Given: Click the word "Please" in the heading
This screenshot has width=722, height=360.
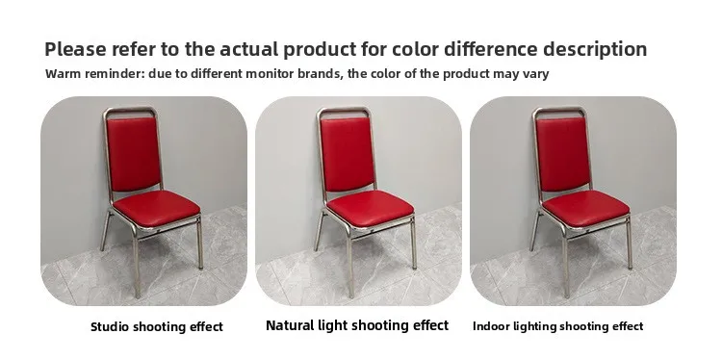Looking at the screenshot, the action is click(75, 49).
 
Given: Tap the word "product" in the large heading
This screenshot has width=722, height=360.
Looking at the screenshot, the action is click(320, 49).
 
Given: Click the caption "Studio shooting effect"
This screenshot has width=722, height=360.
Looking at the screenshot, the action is click(157, 327).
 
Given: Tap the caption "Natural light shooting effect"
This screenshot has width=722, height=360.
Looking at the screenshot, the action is click(357, 325).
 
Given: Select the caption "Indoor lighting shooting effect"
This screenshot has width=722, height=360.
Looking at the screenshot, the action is click(557, 326).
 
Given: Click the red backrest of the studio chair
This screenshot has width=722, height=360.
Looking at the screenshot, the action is click(134, 154).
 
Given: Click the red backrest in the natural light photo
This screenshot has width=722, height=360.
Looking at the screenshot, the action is click(348, 154).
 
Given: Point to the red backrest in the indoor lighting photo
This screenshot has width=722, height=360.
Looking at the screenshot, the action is click(563, 154).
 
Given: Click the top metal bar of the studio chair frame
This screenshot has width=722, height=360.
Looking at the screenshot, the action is click(130, 110).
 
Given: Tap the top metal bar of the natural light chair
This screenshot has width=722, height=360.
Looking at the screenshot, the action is click(344, 110).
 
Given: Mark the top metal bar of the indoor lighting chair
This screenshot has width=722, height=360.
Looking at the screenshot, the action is click(559, 110).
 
